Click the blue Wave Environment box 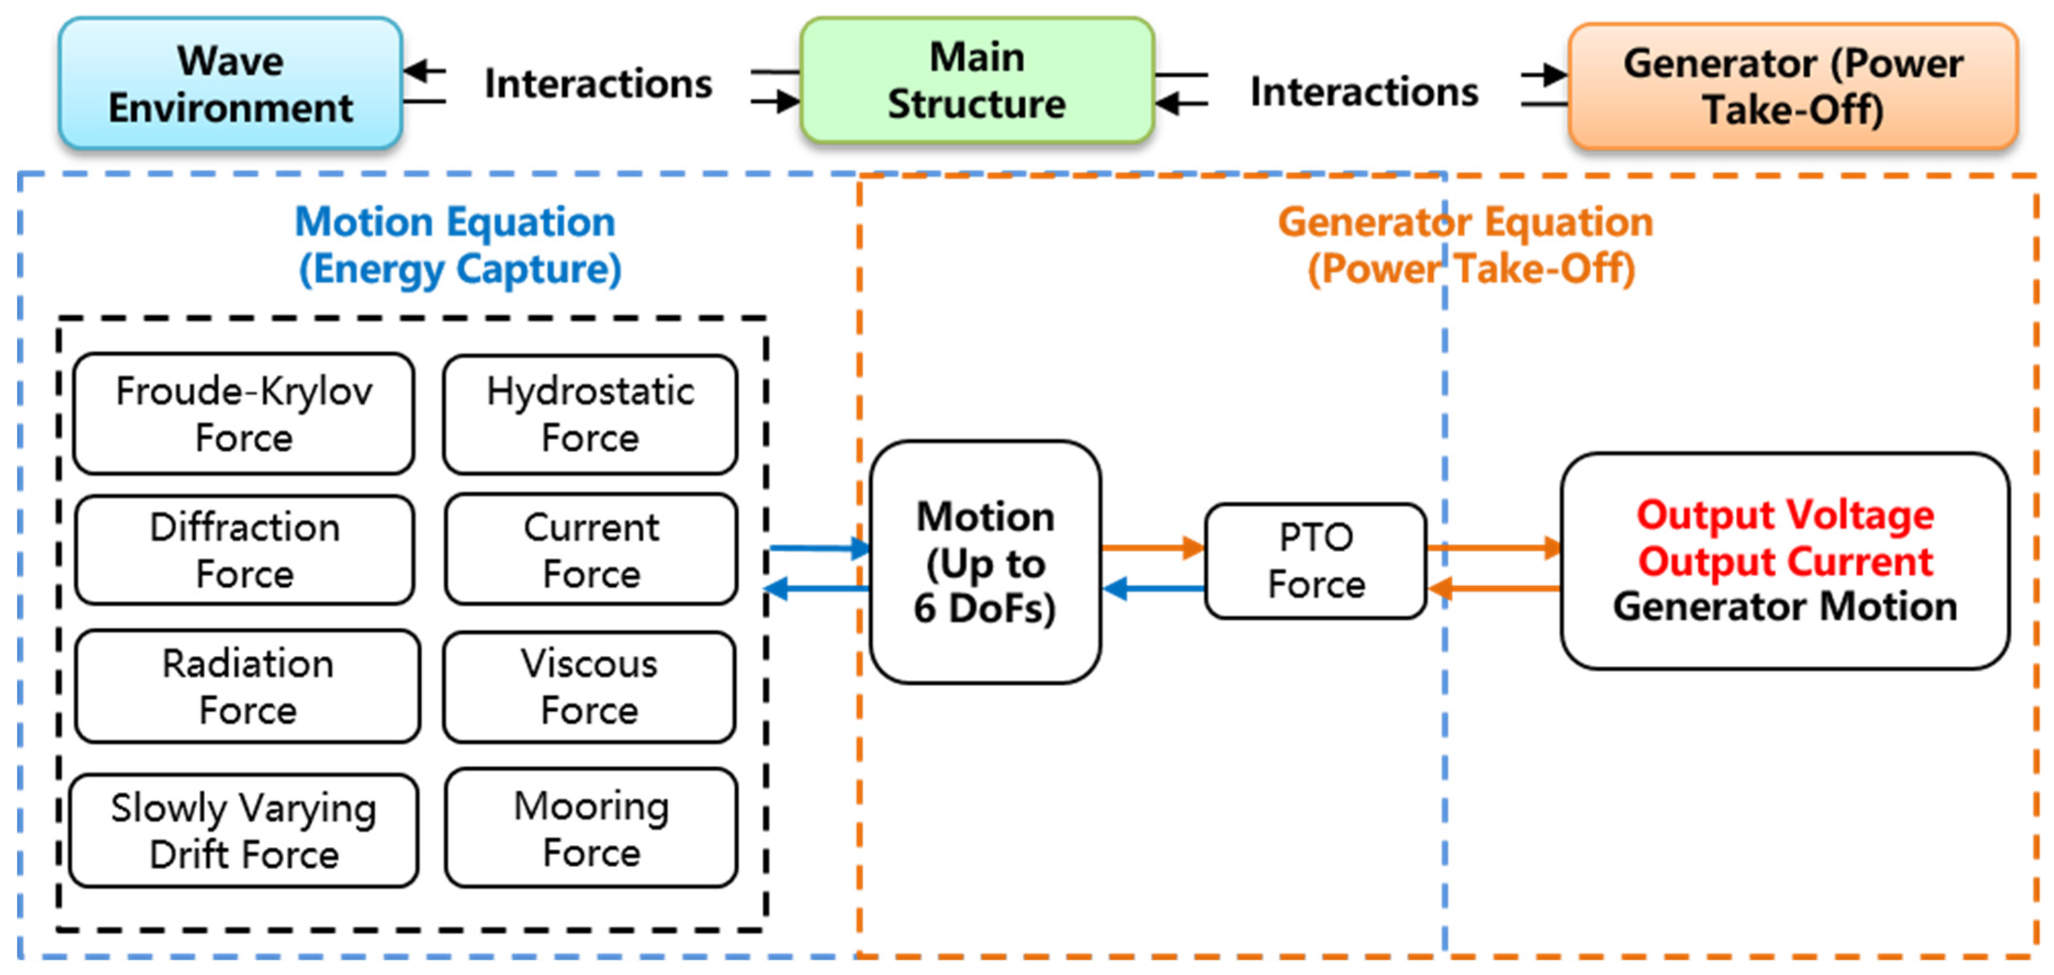point(230,84)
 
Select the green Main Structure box point(977,81)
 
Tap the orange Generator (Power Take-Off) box point(1793,86)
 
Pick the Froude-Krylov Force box point(244,414)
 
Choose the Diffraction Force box point(245,550)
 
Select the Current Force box point(591,550)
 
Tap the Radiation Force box point(247,686)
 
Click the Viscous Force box point(589,687)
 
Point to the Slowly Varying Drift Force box point(244,831)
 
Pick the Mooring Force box point(591,829)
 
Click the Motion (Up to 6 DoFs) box point(986,562)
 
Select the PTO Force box point(1315,560)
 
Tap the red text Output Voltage point(1785,515)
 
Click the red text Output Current point(1785,561)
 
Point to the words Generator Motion point(1785,607)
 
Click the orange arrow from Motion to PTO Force point(1153,548)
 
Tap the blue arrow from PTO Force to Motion point(1153,589)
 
